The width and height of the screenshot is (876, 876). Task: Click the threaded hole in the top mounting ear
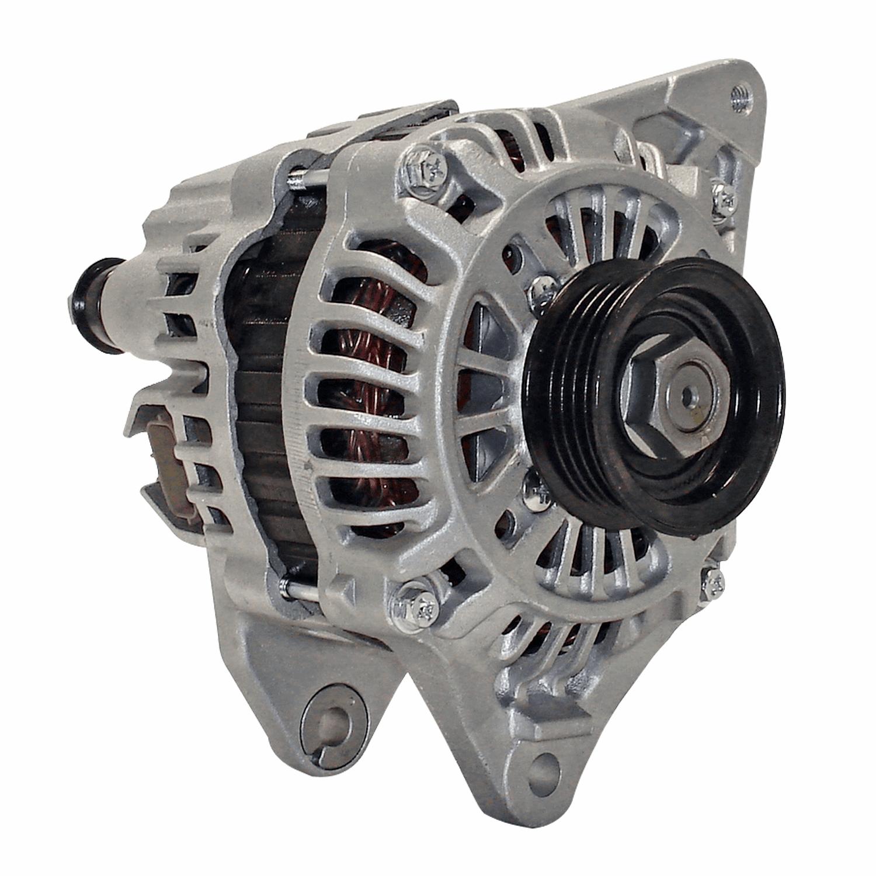(x=739, y=96)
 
